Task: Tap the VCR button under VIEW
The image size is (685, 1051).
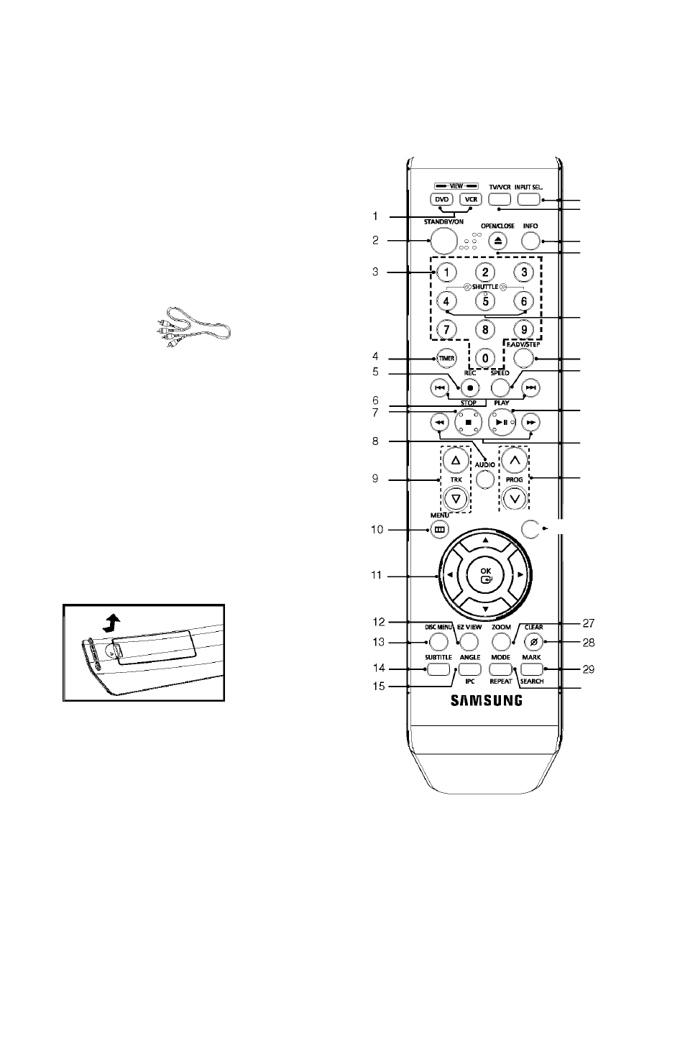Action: coord(471,199)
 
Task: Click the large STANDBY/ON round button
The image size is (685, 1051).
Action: coord(443,241)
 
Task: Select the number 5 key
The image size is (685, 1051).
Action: coord(485,301)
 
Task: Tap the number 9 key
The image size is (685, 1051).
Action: coord(524,329)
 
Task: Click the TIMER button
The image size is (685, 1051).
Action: coord(446,359)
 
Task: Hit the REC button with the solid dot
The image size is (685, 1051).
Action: coord(469,388)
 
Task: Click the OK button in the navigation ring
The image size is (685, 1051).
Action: coord(486,575)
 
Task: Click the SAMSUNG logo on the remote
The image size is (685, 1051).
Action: coord(487,700)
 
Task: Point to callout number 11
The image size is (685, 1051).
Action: coord(376,575)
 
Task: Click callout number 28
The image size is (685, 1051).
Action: coord(589,643)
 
